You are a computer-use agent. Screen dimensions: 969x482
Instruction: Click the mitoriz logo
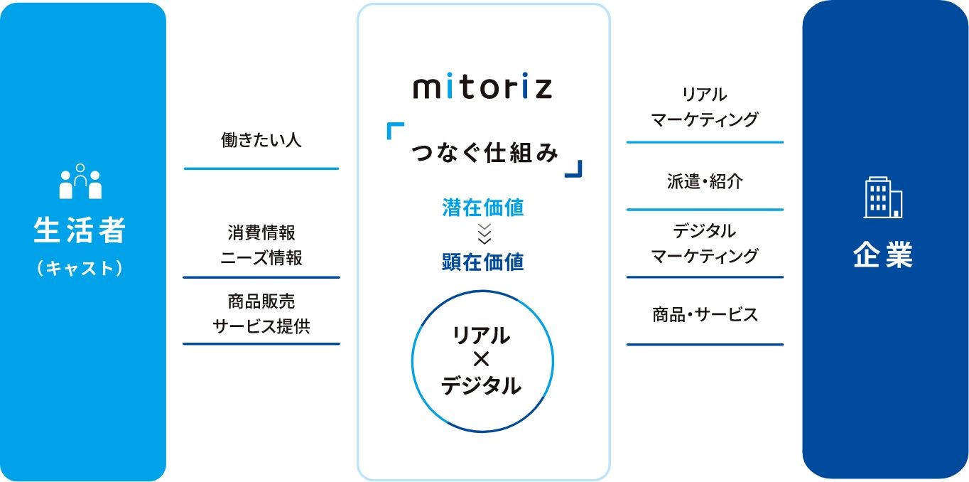482,88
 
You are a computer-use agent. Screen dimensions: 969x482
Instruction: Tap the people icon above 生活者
80,181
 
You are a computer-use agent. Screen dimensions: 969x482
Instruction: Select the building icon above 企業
883,197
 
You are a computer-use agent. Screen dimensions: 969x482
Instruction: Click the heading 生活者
80,230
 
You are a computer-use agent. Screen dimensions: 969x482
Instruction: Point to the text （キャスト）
80,268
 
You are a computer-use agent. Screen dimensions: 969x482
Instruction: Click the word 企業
883,254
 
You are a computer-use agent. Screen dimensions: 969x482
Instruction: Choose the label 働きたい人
261,140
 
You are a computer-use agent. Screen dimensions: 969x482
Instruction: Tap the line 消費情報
261,232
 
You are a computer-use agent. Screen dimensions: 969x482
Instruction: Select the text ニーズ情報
261,257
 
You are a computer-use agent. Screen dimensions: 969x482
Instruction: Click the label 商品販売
261,301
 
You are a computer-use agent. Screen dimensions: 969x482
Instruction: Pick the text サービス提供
261,326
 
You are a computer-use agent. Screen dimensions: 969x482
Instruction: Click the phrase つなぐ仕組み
484,153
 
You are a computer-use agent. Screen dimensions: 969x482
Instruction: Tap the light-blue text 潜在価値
483,207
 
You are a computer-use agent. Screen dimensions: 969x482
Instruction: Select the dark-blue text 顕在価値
483,262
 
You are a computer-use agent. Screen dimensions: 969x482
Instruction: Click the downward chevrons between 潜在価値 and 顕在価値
484,235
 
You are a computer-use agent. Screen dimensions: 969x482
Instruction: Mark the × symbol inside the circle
482,360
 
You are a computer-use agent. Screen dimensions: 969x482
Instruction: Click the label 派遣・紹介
705,181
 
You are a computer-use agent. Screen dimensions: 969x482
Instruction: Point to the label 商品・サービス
705,314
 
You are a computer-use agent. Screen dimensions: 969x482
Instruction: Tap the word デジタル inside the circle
482,385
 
